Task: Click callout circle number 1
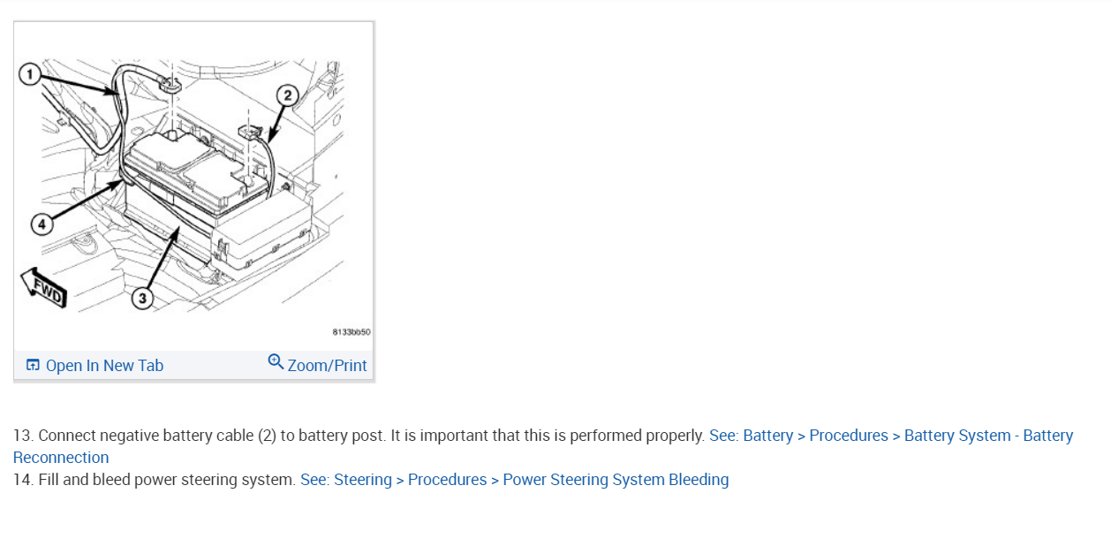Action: pyautogui.click(x=30, y=74)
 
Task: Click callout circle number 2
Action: pyautogui.click(x=287, y=95)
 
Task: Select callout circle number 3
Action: pyautogui.click(x=143, y=298)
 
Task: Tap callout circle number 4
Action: pyautogui.click(x=42, y=224)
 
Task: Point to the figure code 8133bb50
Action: pyautogui.click(x=351, y=332)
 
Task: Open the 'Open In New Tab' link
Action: pyautogui.click(x=104, y=366)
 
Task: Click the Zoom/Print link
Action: pyautogui.click(x=327, y=366)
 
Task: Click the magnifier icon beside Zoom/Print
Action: pyautogui.click(x=276, y=362)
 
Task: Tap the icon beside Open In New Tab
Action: pyautogui.click(x=33, y=366)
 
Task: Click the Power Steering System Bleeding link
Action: pyautogui.click(x=616, y=480)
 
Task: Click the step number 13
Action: pyautogui.click(x=22, y=436)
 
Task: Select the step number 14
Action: pyautogui.click(x=22, y=480)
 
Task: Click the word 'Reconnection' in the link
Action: pyautogui.click(x=61, y=458)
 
